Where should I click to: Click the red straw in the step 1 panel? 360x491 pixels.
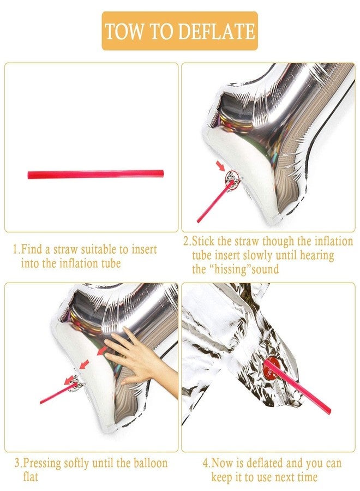[95, 175]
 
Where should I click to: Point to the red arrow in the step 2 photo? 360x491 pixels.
[221, 166]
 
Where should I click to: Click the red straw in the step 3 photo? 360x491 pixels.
[58, 393]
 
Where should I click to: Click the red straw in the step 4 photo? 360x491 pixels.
[297, 387]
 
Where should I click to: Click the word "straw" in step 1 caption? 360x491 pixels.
[65, 249]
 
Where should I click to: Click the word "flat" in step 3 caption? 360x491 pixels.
[31, 477]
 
